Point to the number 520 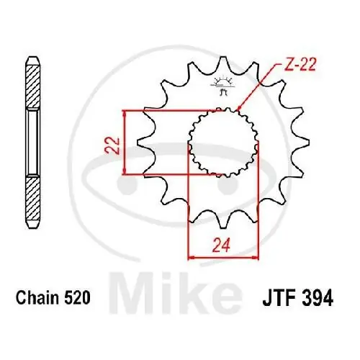click(76, 297)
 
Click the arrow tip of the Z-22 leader click(240, 111)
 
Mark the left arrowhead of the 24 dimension click(191, 256)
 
